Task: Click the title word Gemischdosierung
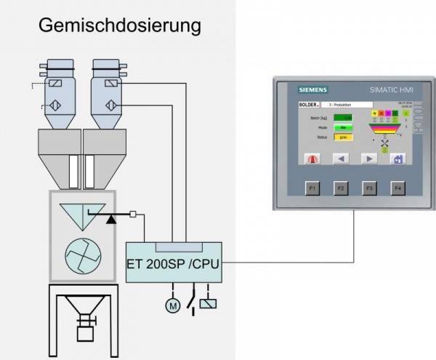tap(119, 26)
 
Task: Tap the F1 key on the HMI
tap(312, 188)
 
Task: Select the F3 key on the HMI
tap(368, 188)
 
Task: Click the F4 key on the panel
tap(397, 188)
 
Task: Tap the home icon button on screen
tap(397, 158)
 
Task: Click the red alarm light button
tap(312, 158)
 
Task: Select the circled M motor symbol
tap(172, 306)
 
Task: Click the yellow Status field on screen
tap(342, 136)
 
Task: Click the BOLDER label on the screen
tap(309, 104)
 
